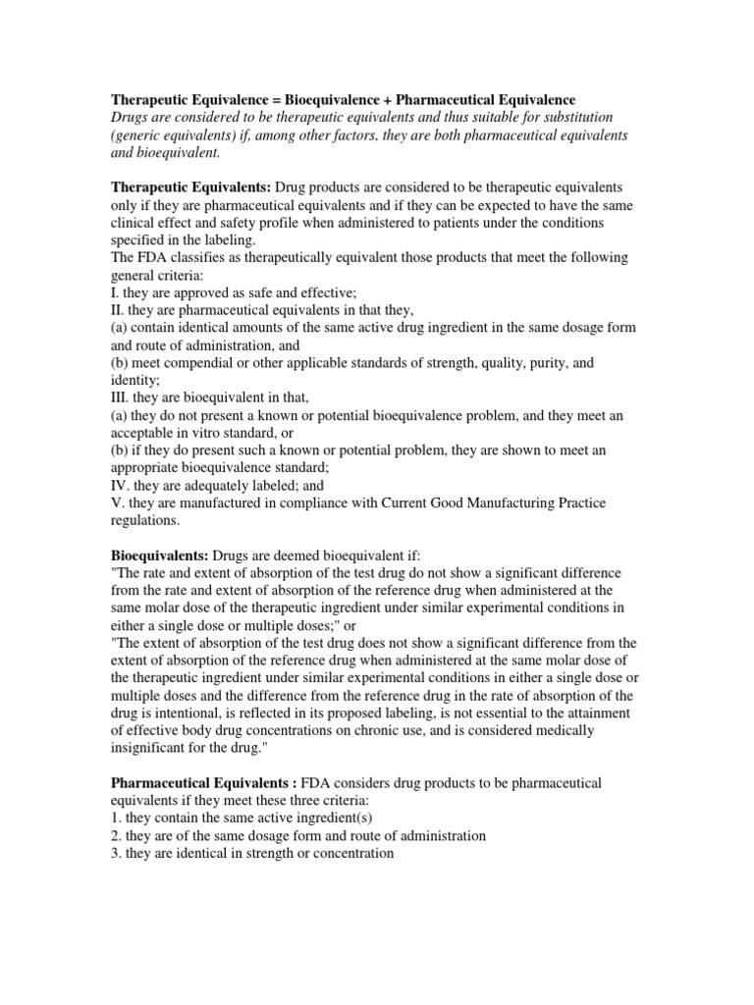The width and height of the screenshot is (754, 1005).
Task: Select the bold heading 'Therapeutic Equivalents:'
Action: [x=190, y=187]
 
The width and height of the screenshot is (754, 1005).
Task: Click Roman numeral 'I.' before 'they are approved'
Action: [x=114, y=292]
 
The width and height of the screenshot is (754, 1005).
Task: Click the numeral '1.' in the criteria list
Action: [x=114, y=818]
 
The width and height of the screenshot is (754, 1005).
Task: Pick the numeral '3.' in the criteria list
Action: [x=114, y=853]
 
